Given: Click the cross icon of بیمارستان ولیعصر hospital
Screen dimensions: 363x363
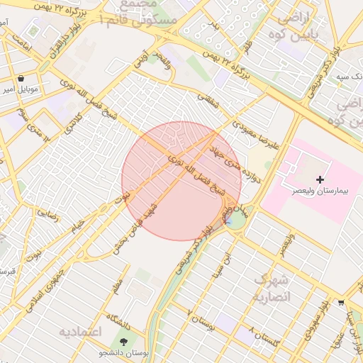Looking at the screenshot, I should pyautogui.click(x=320, y=179).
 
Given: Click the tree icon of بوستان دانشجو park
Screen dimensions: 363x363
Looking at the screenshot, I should pyautogui.click(x=125, y=342).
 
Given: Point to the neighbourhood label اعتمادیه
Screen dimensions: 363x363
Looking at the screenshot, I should pyautogui.click(x=80, y=331).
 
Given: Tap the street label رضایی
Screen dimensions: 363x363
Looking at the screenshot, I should pyautogui.click(x=47, y=211).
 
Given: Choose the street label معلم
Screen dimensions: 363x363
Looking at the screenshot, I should pyautogui.click(x=117, y=286).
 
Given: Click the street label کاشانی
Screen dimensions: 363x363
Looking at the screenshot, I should pyautogui.click(x=74, y=126).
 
